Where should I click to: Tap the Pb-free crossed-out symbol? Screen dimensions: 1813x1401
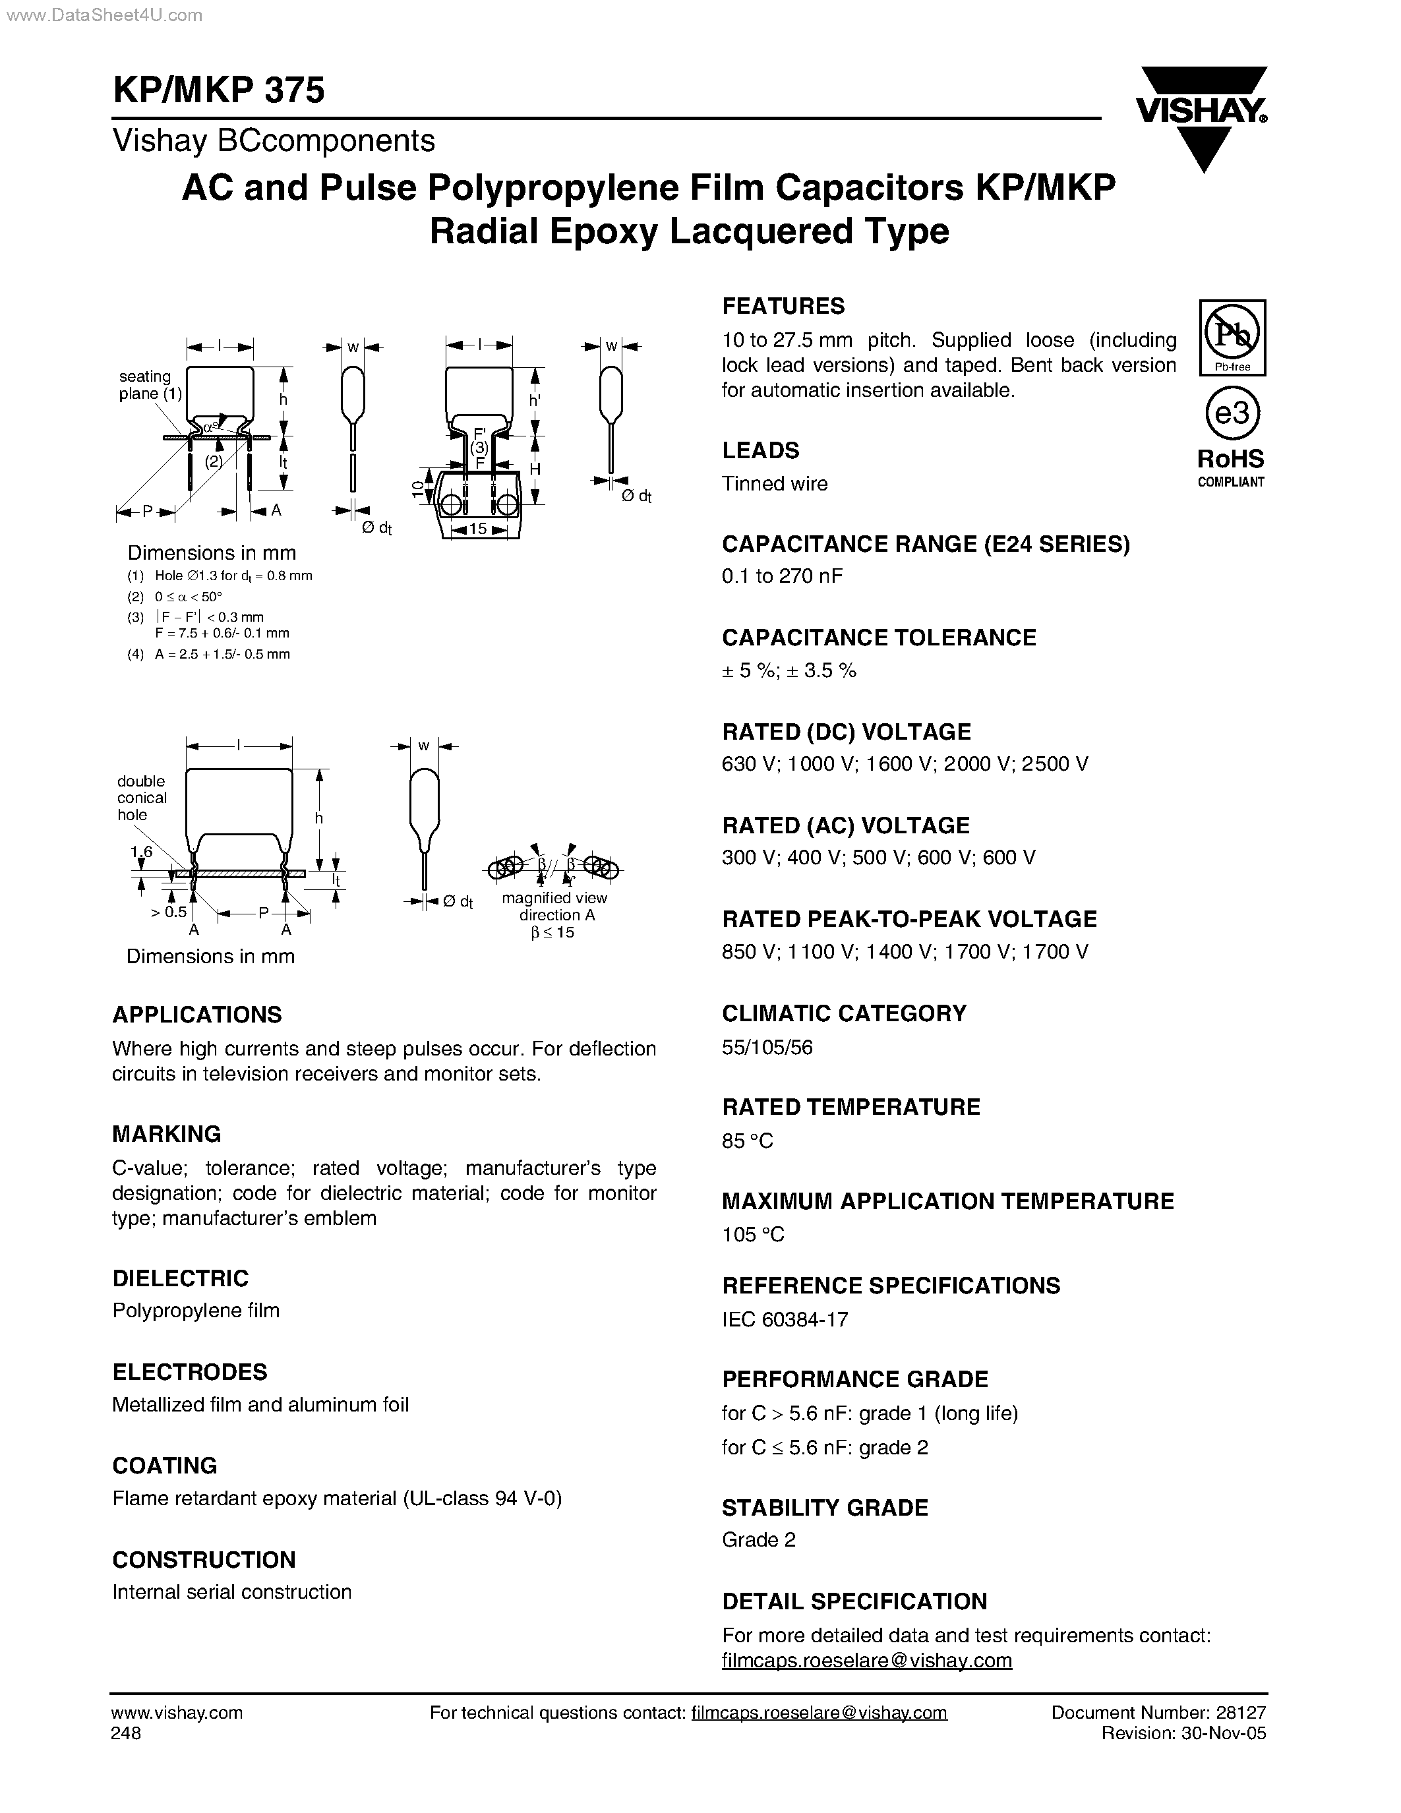(1232, 334)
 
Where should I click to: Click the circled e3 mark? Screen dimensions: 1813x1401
(1232, 413)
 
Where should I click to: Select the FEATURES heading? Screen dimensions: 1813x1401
(783, 307)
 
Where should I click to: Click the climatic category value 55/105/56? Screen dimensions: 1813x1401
(767, 1047)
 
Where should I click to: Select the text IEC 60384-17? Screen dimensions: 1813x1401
(785, 1319)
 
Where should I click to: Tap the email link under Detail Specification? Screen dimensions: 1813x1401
(866, 1660)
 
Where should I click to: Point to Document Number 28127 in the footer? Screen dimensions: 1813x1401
(1158, 1713)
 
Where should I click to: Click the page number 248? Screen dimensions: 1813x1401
(126, 1733)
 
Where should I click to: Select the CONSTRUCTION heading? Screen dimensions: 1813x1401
(203, 1560)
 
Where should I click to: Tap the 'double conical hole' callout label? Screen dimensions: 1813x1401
(142, 798)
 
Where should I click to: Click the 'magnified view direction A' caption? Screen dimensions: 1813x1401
(554, 906)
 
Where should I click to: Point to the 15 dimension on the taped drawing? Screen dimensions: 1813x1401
(477, 529)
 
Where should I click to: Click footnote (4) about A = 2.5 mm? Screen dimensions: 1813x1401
(209, 654)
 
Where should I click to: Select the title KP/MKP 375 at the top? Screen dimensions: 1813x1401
(218, 90)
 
